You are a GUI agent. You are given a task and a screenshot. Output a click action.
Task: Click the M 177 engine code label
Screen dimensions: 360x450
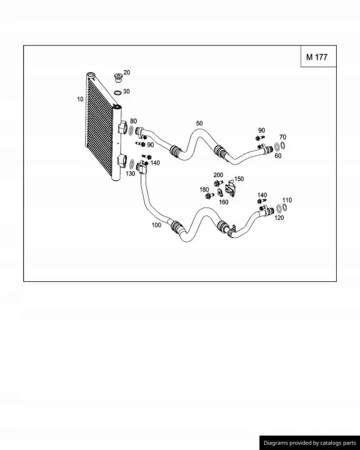[x=317, y=57]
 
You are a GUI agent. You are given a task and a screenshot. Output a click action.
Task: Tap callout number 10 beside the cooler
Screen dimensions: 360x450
[x=80, y=99]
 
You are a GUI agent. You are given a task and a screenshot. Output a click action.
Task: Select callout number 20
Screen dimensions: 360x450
[x=127, y=72]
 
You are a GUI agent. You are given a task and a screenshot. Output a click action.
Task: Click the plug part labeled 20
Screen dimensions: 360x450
[x=118, y=77]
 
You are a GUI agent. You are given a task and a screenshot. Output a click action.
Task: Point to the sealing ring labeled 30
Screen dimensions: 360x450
[x=117, y=92]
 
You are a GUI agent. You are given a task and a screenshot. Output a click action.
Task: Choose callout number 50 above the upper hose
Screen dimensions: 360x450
[x=199, y=123]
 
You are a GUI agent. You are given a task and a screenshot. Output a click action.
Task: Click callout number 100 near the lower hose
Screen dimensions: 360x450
[x=156, y=225]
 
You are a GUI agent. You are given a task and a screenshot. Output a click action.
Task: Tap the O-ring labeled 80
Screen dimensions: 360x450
[x=131, y=131]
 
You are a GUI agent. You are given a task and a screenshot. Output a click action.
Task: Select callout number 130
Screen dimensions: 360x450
[x=131, y=174]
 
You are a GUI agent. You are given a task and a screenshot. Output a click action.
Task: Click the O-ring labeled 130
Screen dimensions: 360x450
[x=132, y=164]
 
